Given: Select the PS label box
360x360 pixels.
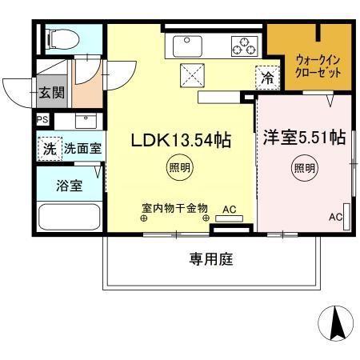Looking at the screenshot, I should point(42,121).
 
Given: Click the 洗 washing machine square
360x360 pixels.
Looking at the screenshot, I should point(50,148).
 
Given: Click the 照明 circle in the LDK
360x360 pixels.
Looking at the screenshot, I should point(179,168).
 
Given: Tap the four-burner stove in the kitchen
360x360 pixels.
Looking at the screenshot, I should point(243,46).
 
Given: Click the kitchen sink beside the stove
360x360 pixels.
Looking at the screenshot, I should point(200,46).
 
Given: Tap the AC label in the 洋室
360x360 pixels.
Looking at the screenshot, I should point(336,217).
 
